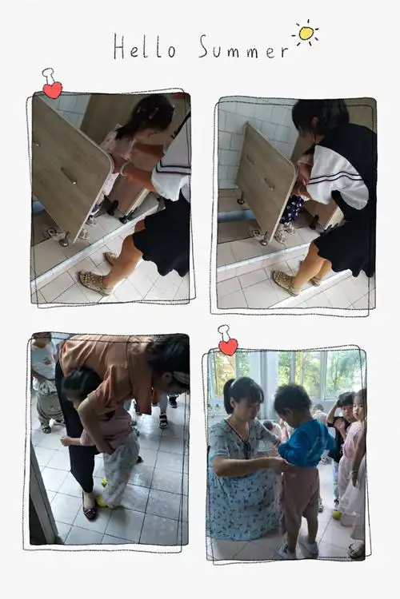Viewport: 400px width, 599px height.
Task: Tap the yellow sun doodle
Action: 305,33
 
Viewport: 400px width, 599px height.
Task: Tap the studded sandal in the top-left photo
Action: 93,281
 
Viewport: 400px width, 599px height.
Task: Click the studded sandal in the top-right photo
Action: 286,280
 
